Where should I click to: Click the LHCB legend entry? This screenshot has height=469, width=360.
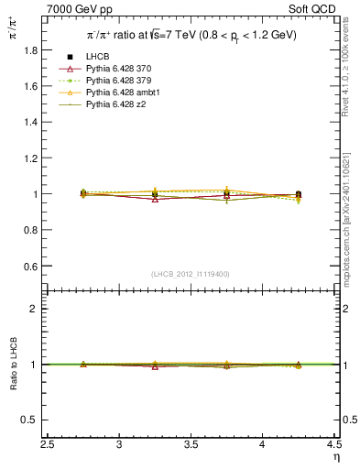[98, 58]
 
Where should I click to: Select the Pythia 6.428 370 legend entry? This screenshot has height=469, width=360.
[119, 70]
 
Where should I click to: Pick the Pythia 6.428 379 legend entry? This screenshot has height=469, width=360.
[119, 82]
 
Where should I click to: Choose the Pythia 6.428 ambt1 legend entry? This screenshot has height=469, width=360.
[122, 93]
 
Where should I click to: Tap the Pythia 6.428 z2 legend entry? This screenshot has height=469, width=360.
[116, 105]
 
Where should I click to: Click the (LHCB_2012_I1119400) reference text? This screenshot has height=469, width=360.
[191, 274]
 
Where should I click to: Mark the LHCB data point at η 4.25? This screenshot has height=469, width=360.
[299, 194]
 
